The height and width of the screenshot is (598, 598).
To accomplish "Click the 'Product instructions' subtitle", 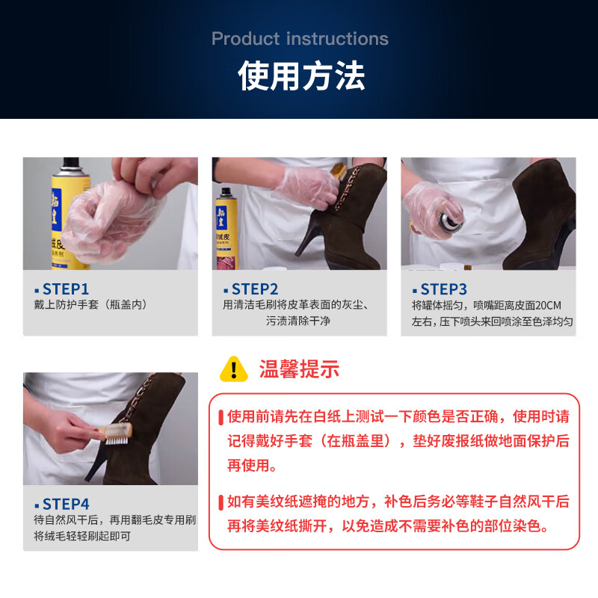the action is pos(300,39).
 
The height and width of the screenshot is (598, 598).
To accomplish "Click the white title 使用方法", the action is pos(301,76).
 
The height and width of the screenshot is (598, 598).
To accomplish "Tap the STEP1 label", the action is pos(66,289).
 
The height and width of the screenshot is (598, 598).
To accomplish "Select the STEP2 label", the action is pos(255,289).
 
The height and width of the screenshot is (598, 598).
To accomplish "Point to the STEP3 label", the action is pos(443,289).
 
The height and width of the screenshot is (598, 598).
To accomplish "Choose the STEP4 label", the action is pos(66,504).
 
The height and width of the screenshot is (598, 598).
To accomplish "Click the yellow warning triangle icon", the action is pos(234,369).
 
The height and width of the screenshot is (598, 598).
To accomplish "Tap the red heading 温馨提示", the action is pos(299,369).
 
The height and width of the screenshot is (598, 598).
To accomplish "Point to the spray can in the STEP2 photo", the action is pos(226,229).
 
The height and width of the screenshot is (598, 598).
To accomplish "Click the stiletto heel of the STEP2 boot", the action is pos(309,236).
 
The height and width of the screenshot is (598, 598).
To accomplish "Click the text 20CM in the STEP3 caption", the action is pos(548,306).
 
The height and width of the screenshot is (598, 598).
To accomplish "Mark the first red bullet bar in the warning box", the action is pos(221,418).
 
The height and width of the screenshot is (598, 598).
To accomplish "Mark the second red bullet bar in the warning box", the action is pos(221,502).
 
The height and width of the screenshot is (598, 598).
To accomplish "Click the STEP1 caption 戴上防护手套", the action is pos(67,305).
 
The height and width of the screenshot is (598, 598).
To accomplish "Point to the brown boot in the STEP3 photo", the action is pos(540,215).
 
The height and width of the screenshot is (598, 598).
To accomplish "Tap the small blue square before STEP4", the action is pos(37,506).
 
